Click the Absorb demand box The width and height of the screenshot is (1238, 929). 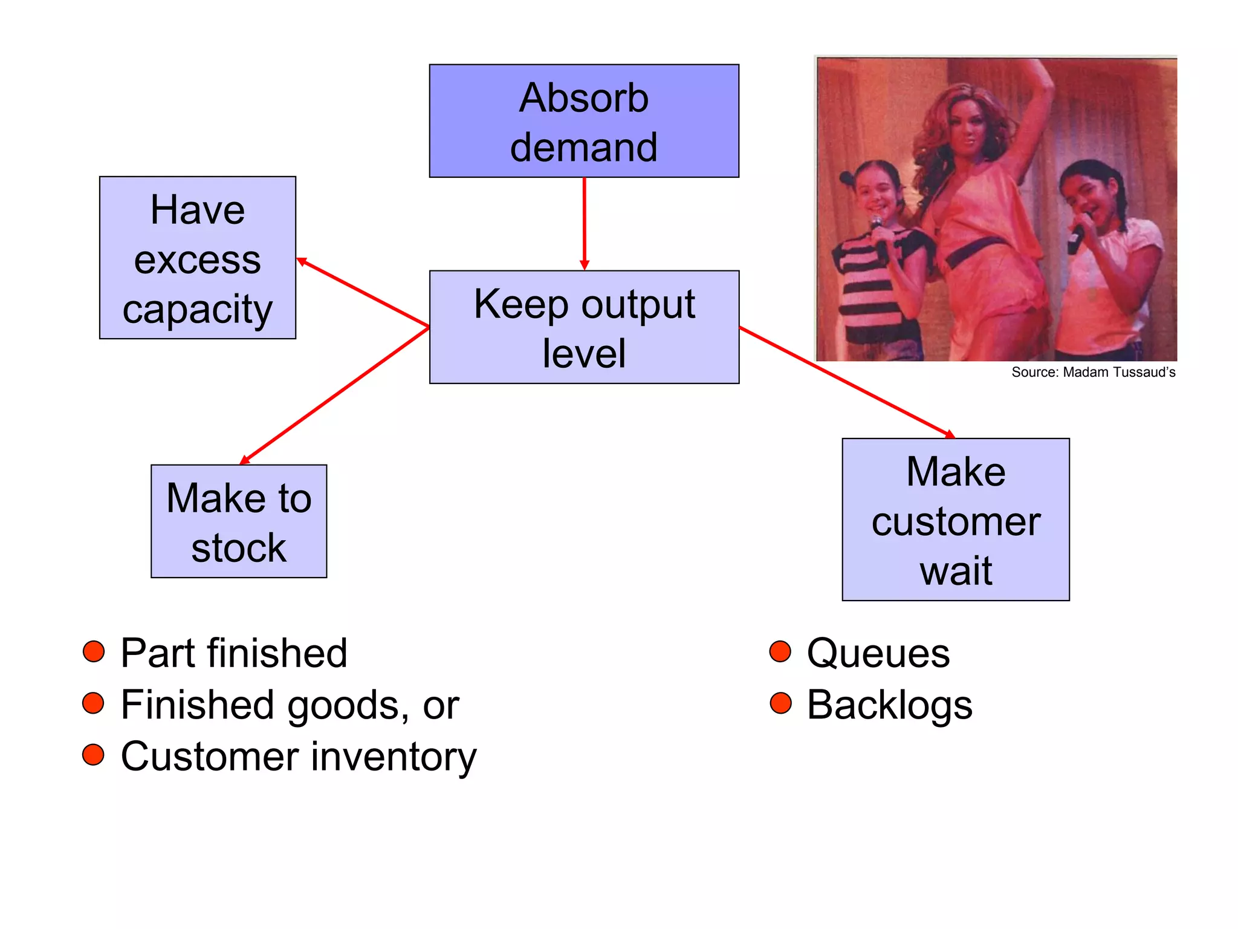tap(584, 121)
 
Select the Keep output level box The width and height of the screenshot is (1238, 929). tap(584, 327)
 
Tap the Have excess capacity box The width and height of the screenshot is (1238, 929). tap(198, 258)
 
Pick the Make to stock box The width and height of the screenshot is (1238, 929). tap(239, 521)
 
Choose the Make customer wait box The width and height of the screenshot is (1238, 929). tap(956, 520)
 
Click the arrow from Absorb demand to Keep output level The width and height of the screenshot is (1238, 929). tap(584, 224)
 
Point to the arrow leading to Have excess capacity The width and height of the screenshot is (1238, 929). tap(363, 293)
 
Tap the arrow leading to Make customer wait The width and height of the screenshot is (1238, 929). tap(846, 382)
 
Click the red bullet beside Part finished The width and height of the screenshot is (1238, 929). tap(94, 651)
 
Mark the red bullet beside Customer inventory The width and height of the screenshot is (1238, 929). tap(94, 755)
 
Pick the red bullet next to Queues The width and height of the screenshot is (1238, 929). tap(780, 651)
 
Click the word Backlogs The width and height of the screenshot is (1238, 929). tap(889, 705)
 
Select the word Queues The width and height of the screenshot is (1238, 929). tap(878, 653)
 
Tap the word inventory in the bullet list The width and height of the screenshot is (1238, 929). tap(394, 757)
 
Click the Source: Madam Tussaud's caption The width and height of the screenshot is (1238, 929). tap(1093, 372)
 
